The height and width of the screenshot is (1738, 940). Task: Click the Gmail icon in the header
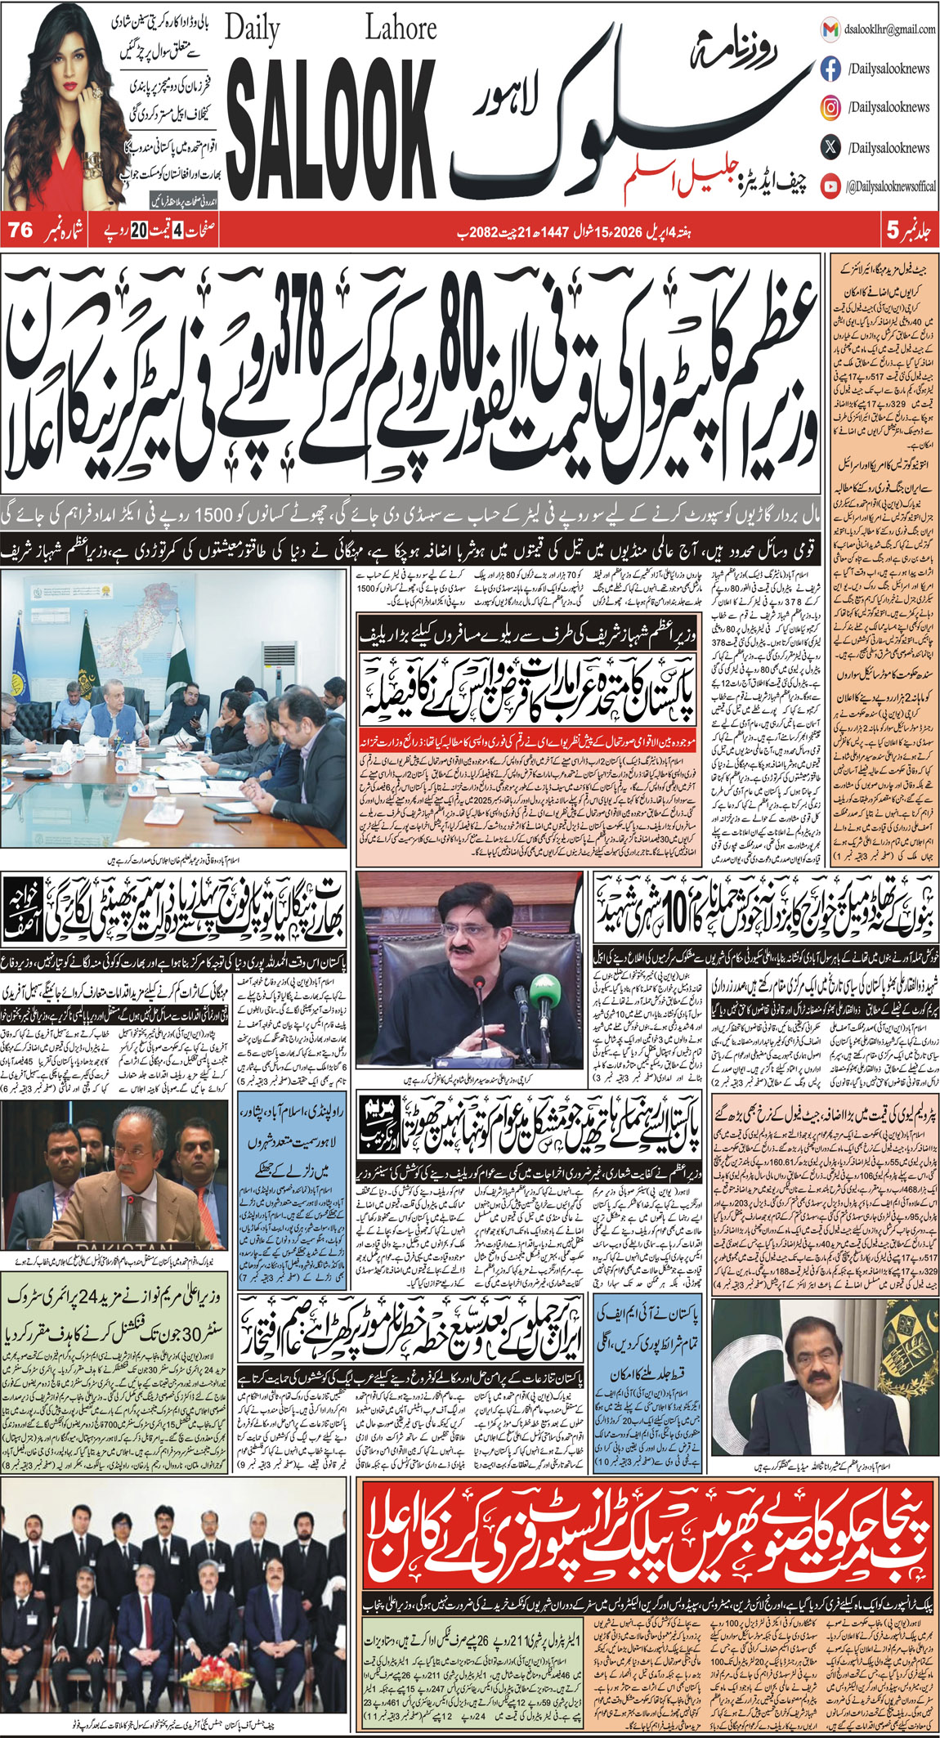[830, 29]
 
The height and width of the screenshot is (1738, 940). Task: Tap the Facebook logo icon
[830, 69]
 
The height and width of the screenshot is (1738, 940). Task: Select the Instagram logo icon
[830, 107]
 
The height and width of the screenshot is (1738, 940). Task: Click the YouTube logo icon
[830, 187]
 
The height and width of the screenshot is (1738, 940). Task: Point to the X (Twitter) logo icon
[830, 148]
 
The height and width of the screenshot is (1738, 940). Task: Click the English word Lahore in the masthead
[401, 29]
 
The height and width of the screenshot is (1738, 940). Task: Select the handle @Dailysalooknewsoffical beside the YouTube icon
[892, 187]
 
